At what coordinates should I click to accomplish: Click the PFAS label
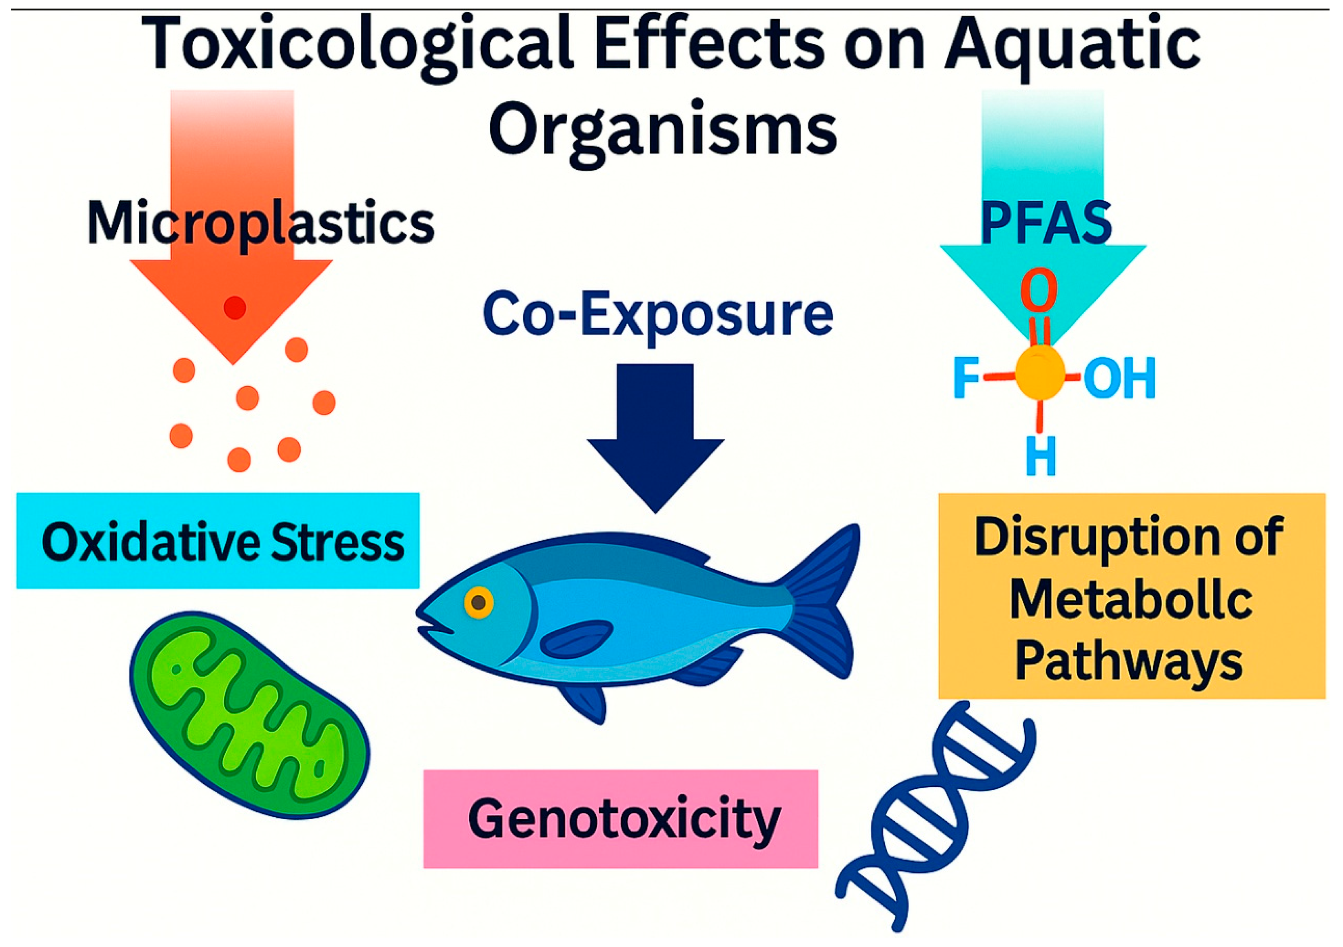[1046, 223]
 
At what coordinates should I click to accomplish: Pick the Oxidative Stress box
[218, 541]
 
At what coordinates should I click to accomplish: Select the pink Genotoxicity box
[621, 819]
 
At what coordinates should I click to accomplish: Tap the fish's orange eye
[478, 602]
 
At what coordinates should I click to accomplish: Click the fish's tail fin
[819, 602]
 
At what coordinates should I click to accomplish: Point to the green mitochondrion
[249, 715]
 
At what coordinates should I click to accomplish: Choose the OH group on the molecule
[1119, 377]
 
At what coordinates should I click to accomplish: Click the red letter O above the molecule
[1039, 289]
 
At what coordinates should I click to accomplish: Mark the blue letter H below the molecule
[1041, 455]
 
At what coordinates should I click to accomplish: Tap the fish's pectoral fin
[576, 639]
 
